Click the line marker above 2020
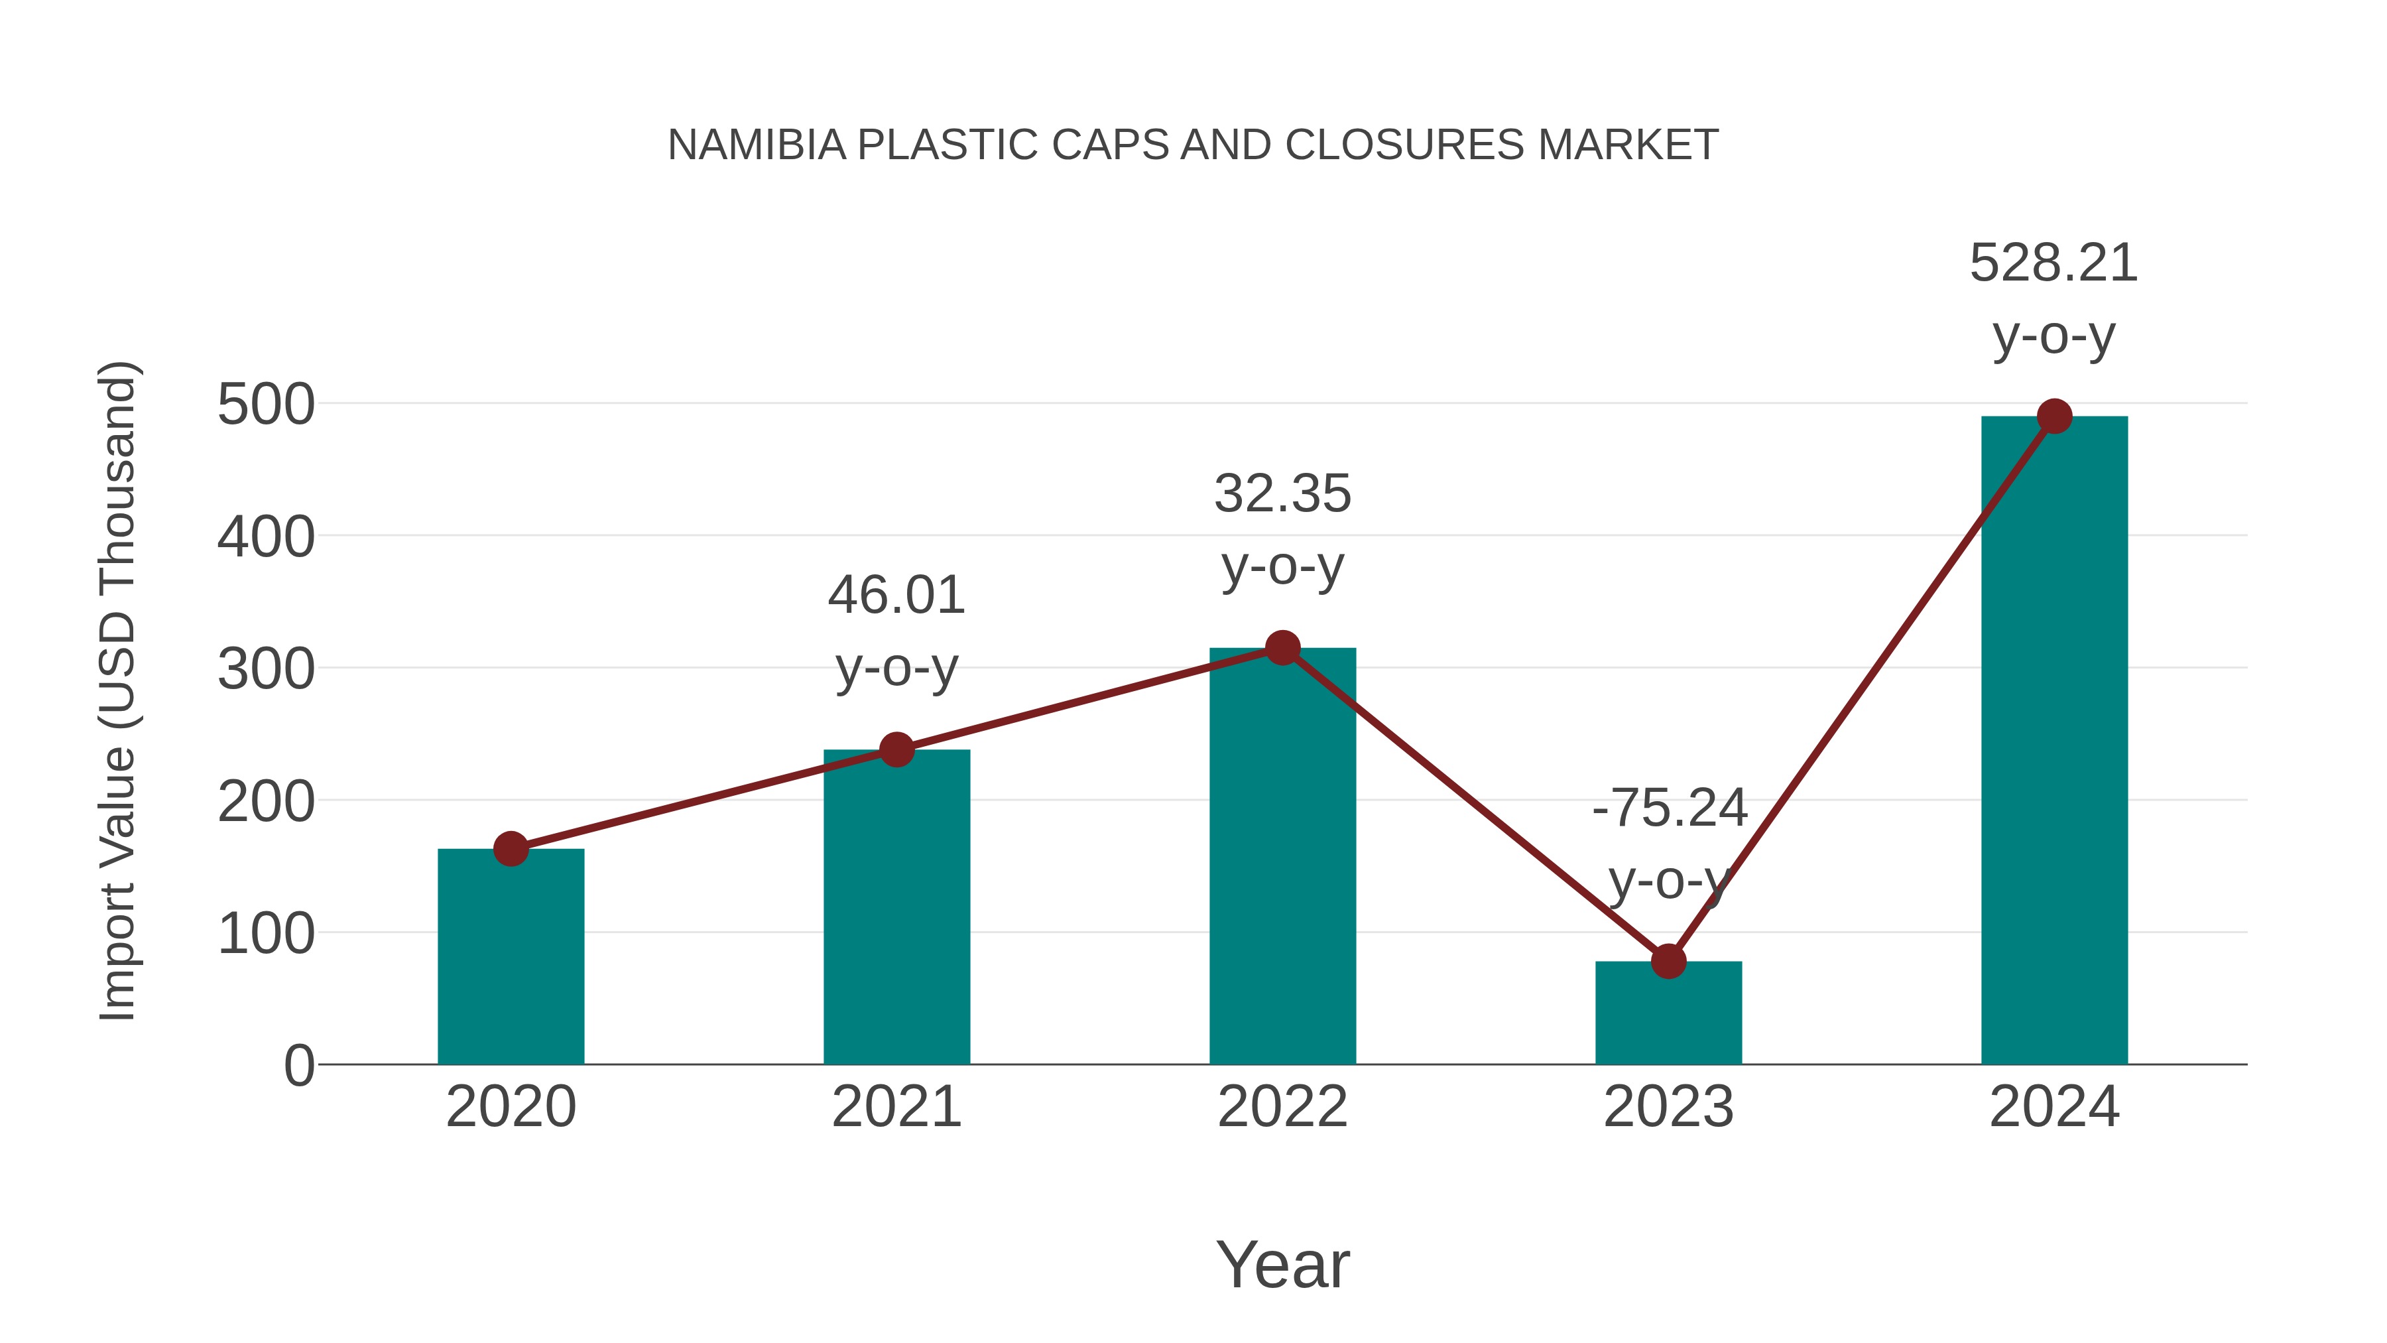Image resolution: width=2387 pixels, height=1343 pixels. pyautogui.click(x=511, y=848)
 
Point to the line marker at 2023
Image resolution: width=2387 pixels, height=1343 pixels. pyautogui.click(x=1668, y=961)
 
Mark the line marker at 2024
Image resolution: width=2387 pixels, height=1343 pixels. pyautogui.click(x=2054, y=416)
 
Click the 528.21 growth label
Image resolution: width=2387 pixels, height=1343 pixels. pyautogui.click(x=2053, y=263)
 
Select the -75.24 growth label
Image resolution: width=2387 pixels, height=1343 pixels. pyautogui.click(x=1669, y=808)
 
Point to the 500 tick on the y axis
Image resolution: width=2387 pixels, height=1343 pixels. pyautogui.click(x=266, y=405)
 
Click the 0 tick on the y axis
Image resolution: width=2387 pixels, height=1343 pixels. pyautogui.click(x=298, y=1066)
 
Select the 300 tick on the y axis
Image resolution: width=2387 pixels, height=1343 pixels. pyautogui.click(x=266, y=669)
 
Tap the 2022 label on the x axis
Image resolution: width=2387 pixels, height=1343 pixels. pyautogui.click(x=1282, y=1107)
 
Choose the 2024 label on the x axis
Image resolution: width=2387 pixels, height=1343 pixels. pyautogui.click(x=2054, y=1107)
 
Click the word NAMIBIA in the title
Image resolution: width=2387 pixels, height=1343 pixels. pyautogui.click(x=756, y=145)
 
